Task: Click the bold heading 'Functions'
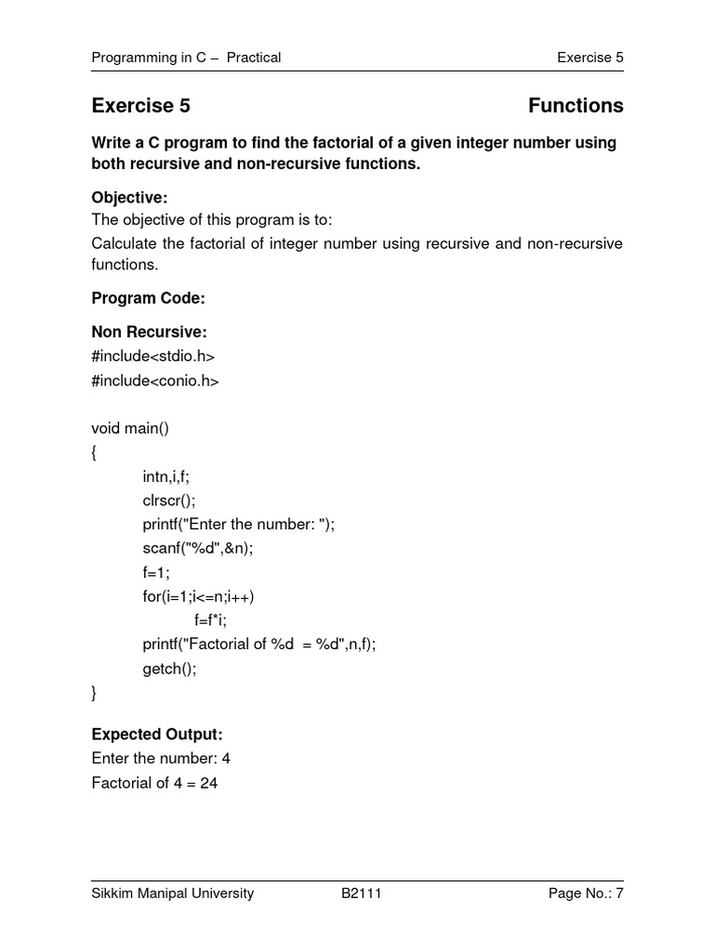[x=575, y=106]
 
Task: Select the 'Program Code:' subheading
[x=147, y=298]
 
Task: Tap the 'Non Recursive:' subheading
[x=149, y=332]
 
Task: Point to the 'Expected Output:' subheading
[x=156, y=735]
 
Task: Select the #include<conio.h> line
[x=154, y=380]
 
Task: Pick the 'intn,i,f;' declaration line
[x=172, y=476]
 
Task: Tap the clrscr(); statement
[x=169, y=500]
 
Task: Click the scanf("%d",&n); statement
[x=197, y=548]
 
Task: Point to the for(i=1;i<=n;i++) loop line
[x=198, y=596]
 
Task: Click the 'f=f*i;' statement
[x=210, y=619]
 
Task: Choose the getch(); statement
[x=169, y=669]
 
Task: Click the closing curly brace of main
[x=94, y=693]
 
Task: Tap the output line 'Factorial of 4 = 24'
[x=154, y=783]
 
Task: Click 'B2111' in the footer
[x=362, y=893]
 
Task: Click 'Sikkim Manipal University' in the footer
[x=172, y=893]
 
